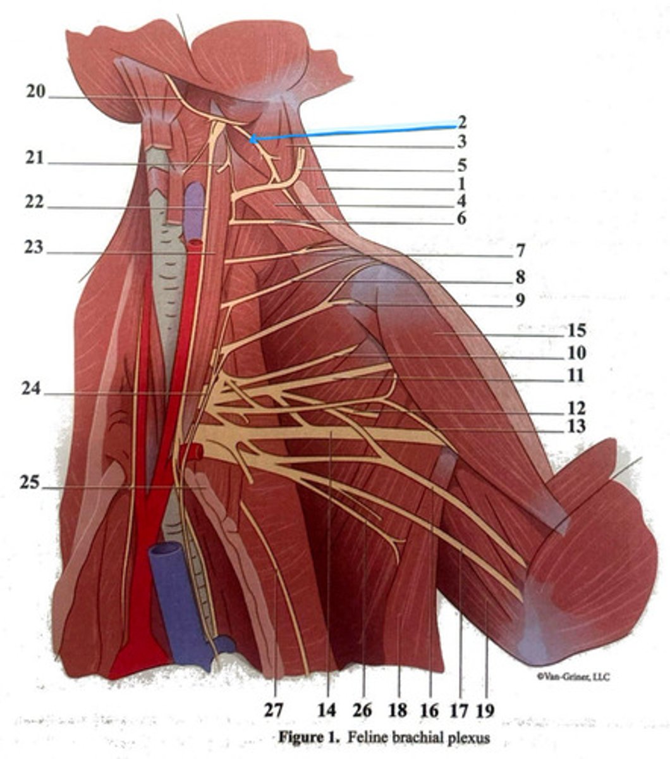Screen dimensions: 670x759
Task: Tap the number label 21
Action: (x=35, y=157)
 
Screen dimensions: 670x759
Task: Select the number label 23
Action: (x=35, y=247)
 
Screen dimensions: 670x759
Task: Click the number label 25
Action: (x=29, y=483)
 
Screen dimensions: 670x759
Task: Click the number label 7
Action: (x=520, y=251)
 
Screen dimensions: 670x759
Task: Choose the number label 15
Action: (x=576, y=330)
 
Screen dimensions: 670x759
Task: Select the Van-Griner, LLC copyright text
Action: (x=573, y=677)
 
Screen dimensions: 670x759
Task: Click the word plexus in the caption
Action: (x=470, y=737)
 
